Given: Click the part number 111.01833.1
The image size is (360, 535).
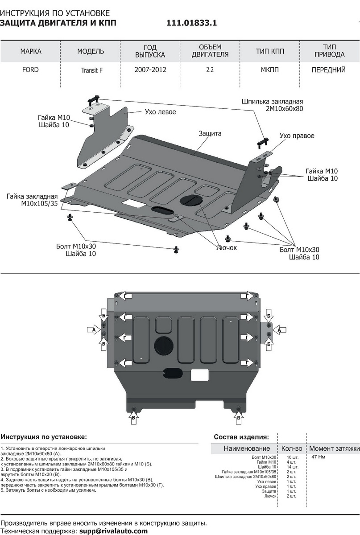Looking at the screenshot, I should click(x=192, y=24).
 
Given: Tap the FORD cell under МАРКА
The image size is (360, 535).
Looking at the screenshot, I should click(x=30, y=70).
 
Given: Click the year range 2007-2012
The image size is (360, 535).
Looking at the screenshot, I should click(x=150, y=70).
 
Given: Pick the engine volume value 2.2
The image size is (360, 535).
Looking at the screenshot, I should click(x=210, y=70).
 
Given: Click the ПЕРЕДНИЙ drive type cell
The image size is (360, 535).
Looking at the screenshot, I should click(x=329, y=70).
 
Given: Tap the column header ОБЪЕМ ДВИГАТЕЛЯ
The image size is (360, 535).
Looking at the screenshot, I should click(x=210, y=51).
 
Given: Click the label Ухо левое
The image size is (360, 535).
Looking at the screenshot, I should click(x=160, y=112).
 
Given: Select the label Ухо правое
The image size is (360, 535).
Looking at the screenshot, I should click(x=297, y=136).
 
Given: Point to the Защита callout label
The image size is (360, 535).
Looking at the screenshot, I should click(x=210, y=133).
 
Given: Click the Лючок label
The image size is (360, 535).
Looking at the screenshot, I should click(x=227, y=247).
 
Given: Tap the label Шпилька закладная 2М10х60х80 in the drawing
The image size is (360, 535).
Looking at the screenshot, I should click(x=272, y=105).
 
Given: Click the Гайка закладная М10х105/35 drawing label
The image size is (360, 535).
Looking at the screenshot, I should click(x=39, y=200).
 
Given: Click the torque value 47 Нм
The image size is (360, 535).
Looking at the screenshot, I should click(x=318, y=457).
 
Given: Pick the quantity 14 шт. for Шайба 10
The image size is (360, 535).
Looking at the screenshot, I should click(x=292, y=467).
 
